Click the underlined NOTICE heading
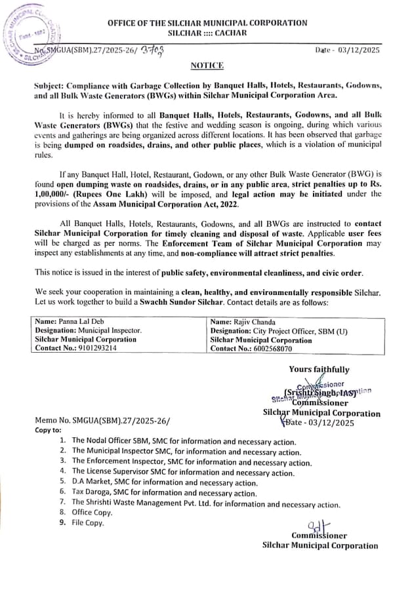click(x=207, y=66)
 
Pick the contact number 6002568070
click(x=251, y=349)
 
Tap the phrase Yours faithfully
click(x=319, y=369)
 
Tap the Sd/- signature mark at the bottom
click(x=319, y=526)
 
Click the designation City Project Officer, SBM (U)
click(x=279, y=331)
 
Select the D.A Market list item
click(x=165, y=482)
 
